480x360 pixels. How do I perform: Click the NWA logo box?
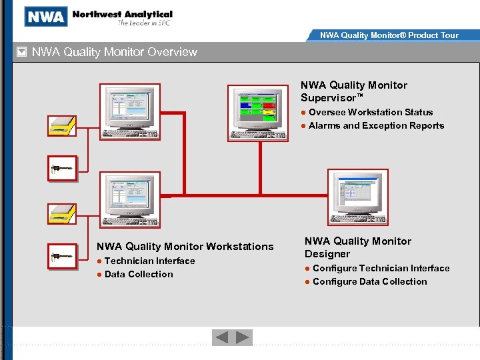tap(46, 16)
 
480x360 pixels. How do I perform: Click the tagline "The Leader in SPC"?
tap(145, 23)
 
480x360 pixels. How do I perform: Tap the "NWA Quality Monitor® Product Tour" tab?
tap(389, 35)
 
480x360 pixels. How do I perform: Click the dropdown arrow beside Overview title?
tap(21, 52)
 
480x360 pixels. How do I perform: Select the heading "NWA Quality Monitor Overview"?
tap(115, 52)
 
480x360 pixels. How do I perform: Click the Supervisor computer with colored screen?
tap(259, 113)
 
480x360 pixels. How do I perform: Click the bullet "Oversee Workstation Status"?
tap(370, 112)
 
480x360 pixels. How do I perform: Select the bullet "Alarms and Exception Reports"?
tap(376, 125)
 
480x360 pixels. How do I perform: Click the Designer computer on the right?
tap(357, 197)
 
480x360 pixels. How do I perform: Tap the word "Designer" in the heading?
tap(327, 254)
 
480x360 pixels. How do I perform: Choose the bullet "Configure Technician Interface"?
tap(381, 268)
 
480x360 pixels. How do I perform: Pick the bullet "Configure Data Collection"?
tap(369, 281)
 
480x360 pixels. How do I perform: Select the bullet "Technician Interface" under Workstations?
tap(149, 261)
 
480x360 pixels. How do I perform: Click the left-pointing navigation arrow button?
tap(221, 338)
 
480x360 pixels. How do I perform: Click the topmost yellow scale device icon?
tap(61, 126)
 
